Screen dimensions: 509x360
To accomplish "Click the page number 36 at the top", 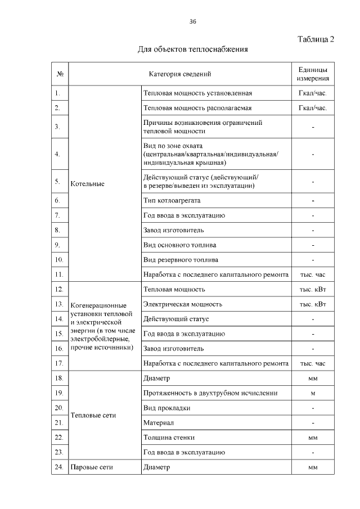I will click(192, 21).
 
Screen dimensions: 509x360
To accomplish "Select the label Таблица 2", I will click(315, 39).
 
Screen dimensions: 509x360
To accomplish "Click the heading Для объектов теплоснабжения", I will click(193, 50).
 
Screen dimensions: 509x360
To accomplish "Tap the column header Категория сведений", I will click(180, 74).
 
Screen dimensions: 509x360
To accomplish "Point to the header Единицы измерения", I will click(313, 74).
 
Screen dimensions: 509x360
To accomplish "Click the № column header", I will click(60, 74).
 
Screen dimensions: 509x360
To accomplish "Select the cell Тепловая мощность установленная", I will click(198, 93).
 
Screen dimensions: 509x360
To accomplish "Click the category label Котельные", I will click(87, 184).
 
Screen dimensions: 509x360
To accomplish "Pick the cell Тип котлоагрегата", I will click(172, 200).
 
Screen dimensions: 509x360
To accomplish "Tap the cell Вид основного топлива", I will click(180, 245).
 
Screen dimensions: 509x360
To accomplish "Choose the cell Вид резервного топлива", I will click(181, 260).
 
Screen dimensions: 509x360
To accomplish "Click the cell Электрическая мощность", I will click(183, 304).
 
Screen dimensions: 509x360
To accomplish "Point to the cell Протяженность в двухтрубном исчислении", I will click(210, 393).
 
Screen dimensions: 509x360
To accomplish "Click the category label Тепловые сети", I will click(93, 416).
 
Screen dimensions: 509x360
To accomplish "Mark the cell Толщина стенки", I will click(168, 437).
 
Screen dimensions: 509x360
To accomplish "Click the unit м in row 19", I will click(313, 393).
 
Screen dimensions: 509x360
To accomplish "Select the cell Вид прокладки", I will click(167, 408).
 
